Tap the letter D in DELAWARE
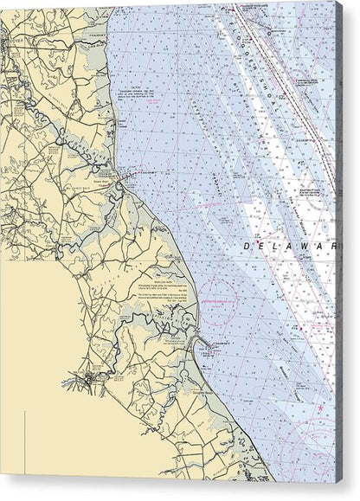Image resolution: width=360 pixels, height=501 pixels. (x=247, y=247)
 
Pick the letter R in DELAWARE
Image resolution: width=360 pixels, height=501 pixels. (x=333, y=247)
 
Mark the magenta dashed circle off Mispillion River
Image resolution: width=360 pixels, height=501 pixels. (x=218, y=297)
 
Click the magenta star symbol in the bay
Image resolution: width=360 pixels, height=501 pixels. (x=320, y=407)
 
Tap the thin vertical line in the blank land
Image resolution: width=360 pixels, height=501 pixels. (x=25, y=441)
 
